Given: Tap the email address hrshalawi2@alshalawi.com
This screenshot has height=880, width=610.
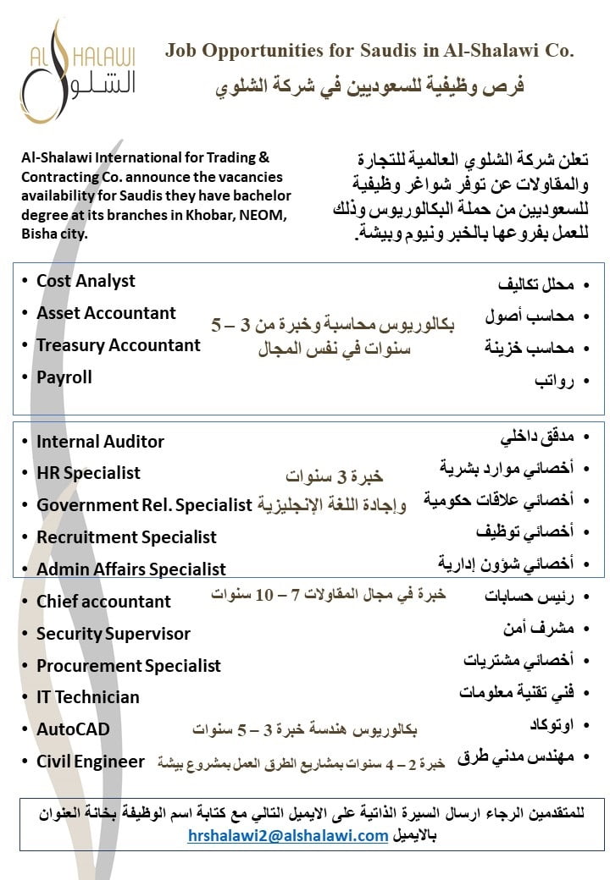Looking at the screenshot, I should point(288,836).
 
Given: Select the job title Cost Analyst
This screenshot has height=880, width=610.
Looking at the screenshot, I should point(86,281).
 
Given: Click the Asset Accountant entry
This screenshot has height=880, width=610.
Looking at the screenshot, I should point(106,313).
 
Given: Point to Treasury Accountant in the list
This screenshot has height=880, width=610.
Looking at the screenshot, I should point(118,345).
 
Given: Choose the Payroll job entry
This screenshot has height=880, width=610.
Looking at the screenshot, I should point(64,377).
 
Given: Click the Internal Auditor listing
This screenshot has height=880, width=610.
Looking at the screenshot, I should point(100,441).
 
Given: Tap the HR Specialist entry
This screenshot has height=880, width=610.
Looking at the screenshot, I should point(88,473).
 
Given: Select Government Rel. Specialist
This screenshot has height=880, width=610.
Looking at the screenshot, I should point(144,505).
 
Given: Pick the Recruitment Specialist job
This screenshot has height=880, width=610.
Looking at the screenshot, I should point(126,537).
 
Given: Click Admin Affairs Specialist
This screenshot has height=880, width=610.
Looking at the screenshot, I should point(130,569).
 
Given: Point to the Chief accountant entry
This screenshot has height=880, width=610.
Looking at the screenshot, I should point(103,602).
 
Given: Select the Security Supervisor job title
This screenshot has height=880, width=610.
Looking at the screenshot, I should point(113,634).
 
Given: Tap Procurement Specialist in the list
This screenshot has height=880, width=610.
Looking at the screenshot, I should point(128,666).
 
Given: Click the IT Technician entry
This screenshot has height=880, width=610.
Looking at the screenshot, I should point(87,697).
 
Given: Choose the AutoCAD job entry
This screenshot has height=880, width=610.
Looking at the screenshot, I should point(73,729).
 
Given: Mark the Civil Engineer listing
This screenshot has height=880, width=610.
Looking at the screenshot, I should point(90,762).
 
